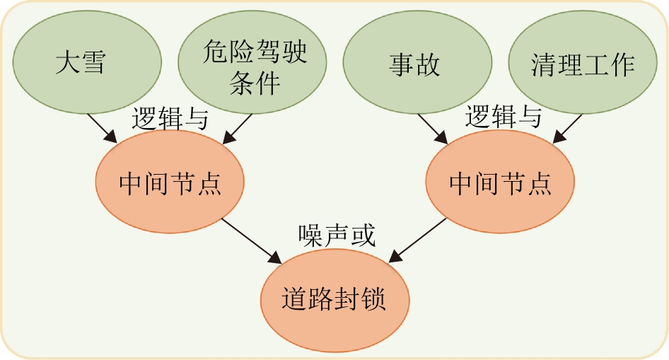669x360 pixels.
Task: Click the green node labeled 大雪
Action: [x=81, y=63]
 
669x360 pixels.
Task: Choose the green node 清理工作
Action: [x=583, y=65]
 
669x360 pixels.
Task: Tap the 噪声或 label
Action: [x=336, y=234]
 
